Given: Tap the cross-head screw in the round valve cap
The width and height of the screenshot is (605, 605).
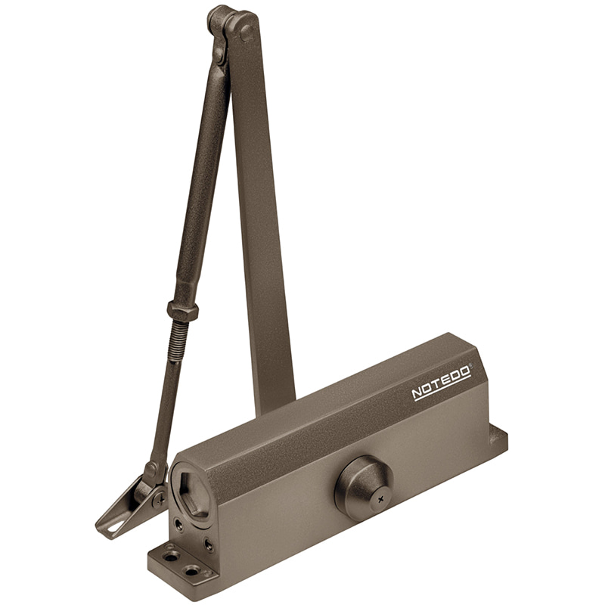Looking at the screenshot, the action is (381, 500).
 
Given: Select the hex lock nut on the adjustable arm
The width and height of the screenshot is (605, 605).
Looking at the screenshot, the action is (183, 309).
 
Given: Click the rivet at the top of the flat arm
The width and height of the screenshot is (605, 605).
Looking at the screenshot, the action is (247, 32).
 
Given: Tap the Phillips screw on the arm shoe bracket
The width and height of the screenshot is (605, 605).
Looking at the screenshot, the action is (160, 500).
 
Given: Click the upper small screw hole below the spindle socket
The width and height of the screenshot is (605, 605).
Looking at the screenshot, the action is (179, 524).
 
